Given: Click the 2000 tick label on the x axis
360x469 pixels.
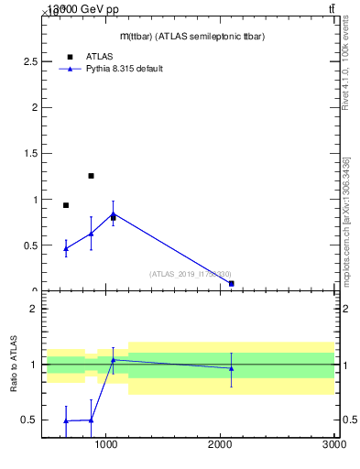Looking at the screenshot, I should pyautogui.click(x=221, y=444).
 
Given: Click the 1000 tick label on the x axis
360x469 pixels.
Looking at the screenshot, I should pyautogui.click(x=107, y=444).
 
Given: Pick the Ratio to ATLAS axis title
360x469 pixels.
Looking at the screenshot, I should pyautogui.click(x=15, y=365).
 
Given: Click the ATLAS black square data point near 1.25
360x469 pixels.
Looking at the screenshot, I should pyautogui.click(x=91, y=176).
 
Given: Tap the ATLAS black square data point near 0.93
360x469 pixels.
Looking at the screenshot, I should pyautogui.click(x=66, y=205).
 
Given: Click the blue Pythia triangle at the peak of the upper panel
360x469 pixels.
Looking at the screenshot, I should pyautogui.click(x=113, y=214).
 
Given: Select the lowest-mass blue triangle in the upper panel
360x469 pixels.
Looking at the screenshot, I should pyautogui.click(x=66, y=248).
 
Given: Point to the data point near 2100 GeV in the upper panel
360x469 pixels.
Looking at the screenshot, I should pyautogui.click(x=232, y=284).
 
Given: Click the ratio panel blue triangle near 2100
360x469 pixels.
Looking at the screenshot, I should pyautogui.click(x=232, y=368).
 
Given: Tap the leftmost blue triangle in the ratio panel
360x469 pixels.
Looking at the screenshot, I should pyautogui.click(x=66, y=420).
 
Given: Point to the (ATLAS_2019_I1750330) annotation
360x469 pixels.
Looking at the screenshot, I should pyautogui.click(x=191, y=273).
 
